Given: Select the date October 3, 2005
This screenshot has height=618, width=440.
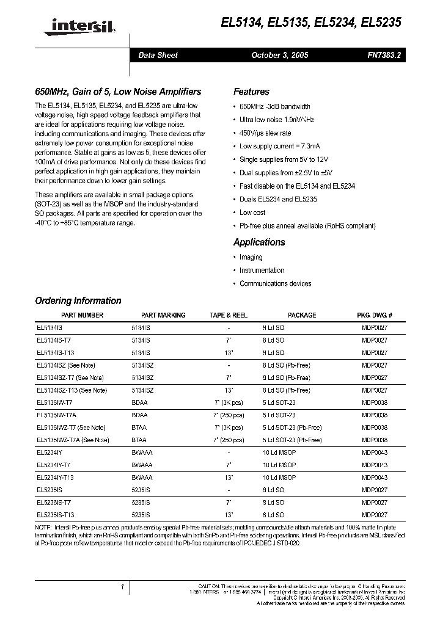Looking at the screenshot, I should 280,55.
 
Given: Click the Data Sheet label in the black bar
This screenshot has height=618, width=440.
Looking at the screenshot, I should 158,55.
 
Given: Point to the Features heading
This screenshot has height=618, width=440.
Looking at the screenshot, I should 251,92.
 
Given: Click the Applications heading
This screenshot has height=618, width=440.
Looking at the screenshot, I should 259,242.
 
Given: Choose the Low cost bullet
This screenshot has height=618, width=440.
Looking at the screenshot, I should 252,213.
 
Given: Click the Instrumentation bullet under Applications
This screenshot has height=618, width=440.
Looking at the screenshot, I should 262,271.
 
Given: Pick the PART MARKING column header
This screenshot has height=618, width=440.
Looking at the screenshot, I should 163,315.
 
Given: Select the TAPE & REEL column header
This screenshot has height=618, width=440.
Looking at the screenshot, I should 229,315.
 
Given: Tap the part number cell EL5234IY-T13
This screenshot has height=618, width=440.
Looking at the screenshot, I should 56,477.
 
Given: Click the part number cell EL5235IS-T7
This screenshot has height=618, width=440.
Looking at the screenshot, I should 54,502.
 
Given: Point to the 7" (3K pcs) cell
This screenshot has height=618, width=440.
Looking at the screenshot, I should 229,402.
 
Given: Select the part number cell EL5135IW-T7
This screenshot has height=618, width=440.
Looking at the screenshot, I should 54,402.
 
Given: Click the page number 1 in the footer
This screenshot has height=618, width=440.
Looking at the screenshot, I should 123,587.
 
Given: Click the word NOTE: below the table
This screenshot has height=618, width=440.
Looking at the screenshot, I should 45,527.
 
